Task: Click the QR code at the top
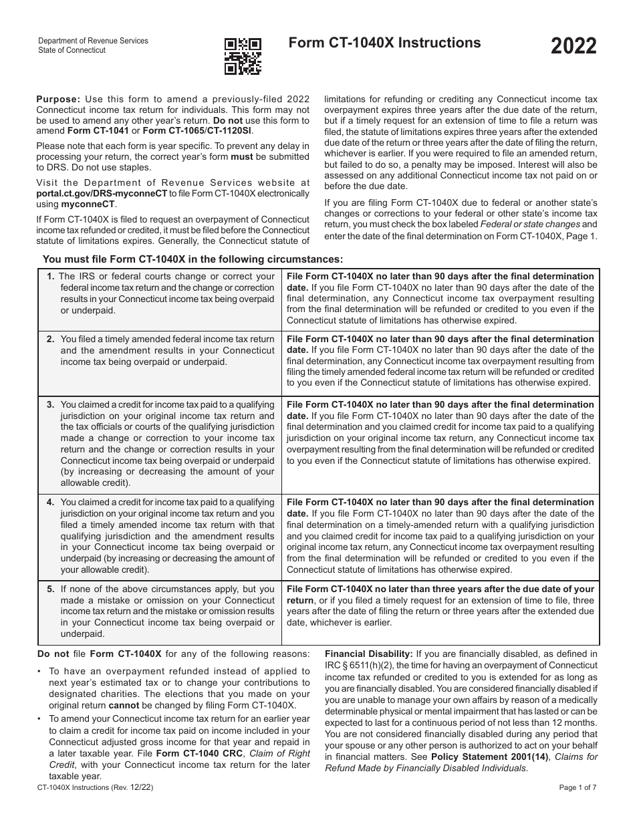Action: tap(243, 55)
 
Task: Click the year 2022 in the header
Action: tap(574, 47)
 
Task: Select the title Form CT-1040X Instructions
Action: tap(384, 43)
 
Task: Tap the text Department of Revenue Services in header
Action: tap(93, 41)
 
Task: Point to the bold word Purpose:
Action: tap(57, 99)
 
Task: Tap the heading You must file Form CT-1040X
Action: tap(193, 259)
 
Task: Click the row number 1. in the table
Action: tap(51, 276)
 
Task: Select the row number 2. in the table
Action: tap(51, 339)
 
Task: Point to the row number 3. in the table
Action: tap(51, 404)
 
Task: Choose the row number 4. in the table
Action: tap(51, 502)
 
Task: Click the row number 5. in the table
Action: tap(51, 589)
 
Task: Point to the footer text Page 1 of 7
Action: tap(578, 788)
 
